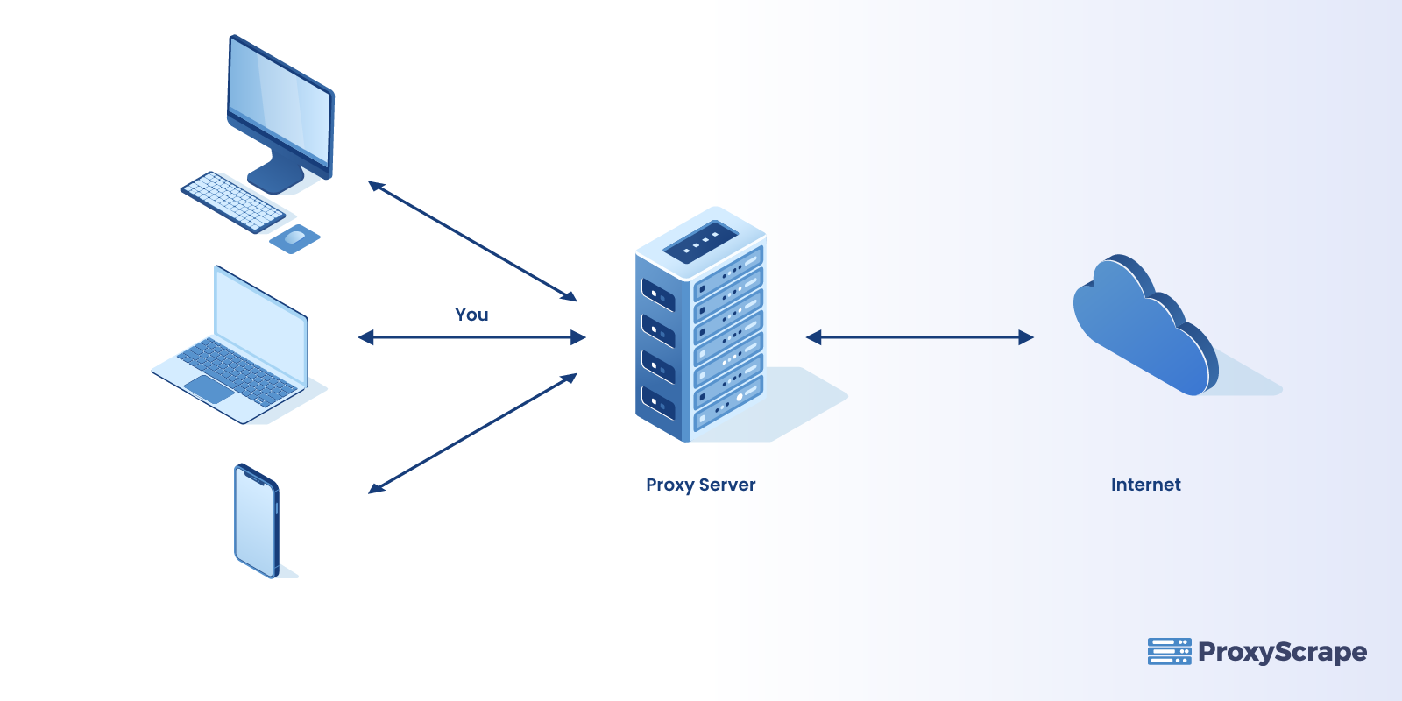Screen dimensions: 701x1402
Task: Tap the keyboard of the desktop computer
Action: pos(232,202)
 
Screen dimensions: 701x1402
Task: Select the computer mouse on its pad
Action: pos(295,237)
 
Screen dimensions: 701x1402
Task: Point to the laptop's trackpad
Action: pos(209,388)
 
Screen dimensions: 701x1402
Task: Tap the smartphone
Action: pos(256,520)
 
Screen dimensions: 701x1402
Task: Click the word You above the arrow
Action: pos(471,315)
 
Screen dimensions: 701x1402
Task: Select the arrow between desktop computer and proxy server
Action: pos(472,241)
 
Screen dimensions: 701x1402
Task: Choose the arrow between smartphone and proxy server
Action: pos(472,434)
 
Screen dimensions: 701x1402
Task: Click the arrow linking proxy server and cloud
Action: pos(919,337)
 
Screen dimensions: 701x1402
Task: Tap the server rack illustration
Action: pos(701,333)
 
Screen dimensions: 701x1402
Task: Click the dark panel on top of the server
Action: pos(701,241)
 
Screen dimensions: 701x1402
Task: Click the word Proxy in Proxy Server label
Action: pos(669,485)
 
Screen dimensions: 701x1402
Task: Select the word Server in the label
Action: pos(727,485)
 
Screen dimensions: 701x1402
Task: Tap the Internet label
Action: pos(1145,485)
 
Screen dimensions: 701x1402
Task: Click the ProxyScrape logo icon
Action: pos(1169,652)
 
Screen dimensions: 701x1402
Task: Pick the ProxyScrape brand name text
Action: pos(1282,653)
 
